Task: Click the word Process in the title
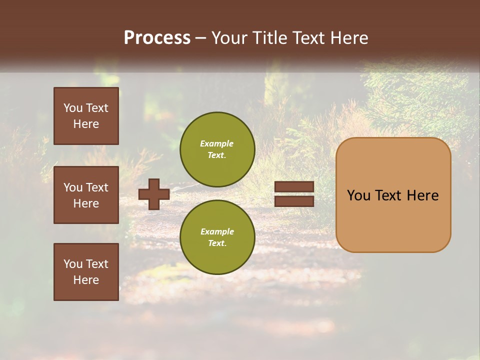[x=157, y=38]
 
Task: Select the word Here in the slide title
[x=348, y=38]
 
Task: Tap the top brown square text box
[x=86, y=116]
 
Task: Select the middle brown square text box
[x=86, y=195]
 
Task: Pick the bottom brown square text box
[x=86, y=272]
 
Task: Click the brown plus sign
[x=154, y=194]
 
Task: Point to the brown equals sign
[x=294, y=194]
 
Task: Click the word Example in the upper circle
[x=217, y=143]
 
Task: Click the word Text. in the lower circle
[x=217, y=243]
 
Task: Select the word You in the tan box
[x=358, y=195]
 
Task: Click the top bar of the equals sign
[x=294, y=187]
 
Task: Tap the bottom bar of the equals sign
[x=294, y=201]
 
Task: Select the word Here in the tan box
[x=422, y=195]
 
